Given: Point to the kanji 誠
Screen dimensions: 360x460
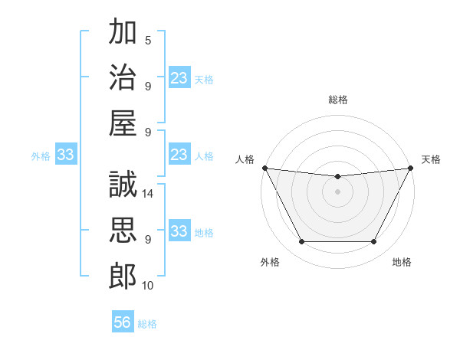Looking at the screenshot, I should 123,185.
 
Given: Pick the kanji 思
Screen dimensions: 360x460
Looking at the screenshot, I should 123,230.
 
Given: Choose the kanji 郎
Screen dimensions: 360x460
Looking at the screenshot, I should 123,276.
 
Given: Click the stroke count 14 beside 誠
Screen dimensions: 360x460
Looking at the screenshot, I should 149,195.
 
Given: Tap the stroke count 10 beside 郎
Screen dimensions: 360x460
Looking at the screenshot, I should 149,286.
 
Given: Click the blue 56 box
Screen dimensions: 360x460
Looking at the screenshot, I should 123,323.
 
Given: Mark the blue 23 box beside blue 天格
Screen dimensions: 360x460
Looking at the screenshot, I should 179,77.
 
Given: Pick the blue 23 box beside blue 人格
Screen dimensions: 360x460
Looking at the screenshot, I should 179,155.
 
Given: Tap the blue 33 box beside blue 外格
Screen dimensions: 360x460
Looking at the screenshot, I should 66,155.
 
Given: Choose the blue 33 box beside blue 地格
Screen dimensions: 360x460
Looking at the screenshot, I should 179,232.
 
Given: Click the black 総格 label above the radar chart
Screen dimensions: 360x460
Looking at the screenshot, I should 337,100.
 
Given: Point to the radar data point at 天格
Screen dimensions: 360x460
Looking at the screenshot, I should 412,168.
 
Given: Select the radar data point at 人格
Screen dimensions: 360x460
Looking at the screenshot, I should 264,168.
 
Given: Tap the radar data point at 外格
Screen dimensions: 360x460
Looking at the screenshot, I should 301,242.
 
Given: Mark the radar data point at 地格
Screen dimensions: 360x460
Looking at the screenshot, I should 374,242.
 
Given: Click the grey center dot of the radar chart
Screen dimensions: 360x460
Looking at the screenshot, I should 337,191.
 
